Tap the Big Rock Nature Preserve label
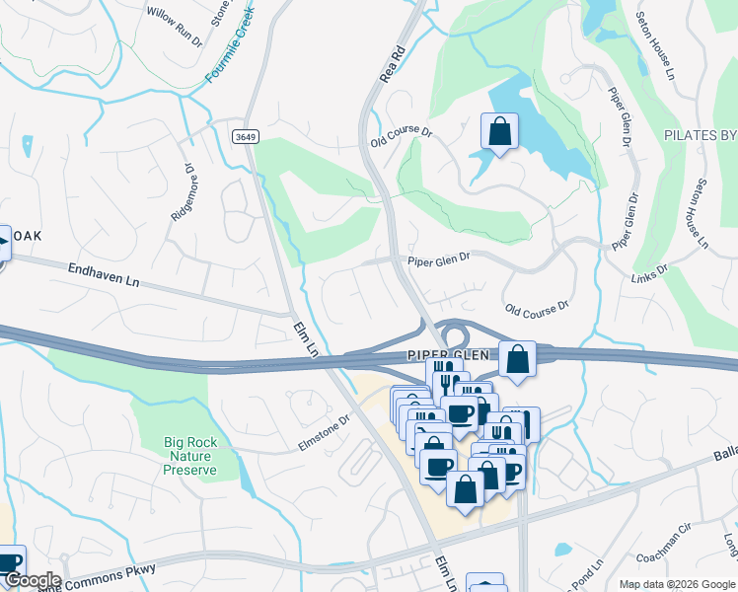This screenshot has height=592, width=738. [x=189, y=456]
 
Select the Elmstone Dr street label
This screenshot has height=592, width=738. [x=325, y=431]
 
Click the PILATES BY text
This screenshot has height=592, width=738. [x=700, y=134]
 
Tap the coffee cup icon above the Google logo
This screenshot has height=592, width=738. [x=10, y=562]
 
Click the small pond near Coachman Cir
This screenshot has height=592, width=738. [x=562, y=549]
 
